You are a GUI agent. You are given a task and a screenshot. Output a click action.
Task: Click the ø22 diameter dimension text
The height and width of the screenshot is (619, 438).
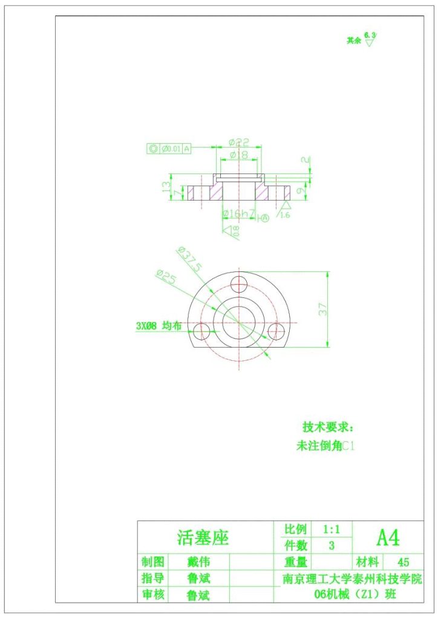click(x=239, y=143)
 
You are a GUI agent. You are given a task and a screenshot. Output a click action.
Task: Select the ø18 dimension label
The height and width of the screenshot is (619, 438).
click(x=239, y=155)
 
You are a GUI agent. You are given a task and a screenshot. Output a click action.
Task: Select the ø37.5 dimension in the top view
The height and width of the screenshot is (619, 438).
click(x=189, y=258)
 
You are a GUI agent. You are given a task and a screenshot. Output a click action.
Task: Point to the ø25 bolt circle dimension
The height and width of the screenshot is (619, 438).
click(x=166, y=277)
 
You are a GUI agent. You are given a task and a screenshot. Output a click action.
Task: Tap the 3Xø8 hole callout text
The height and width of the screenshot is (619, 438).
click(x=159, y=326)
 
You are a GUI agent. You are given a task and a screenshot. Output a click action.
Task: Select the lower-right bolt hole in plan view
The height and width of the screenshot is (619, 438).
click(x=276, y=331)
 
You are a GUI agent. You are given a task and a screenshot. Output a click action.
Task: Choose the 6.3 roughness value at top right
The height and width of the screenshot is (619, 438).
click(x=370, y=36)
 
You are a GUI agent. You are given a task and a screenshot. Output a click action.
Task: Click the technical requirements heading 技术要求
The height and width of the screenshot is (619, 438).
click(x=327, y=427)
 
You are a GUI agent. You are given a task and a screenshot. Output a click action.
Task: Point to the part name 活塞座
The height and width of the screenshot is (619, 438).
click(x=203, y=537)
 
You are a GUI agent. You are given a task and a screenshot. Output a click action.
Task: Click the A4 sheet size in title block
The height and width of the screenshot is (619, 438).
click(x=388, y=536)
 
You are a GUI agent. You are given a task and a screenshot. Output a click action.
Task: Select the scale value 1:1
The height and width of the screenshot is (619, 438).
click(x=332, y=529)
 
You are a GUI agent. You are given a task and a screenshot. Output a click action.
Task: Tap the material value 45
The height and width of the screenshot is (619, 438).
click(x=404, y=562)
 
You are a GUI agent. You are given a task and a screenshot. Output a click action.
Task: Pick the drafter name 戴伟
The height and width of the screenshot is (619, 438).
click(x=199, y=562)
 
